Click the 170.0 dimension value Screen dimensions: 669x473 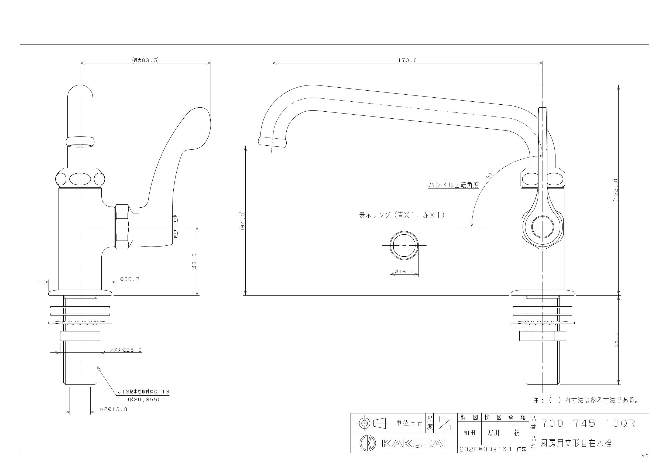[407, 60]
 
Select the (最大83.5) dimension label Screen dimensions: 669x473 [145, 60]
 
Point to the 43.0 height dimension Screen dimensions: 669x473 [194, 261]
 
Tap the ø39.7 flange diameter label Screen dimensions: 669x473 [130, 279]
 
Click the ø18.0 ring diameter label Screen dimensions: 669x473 [404, 271]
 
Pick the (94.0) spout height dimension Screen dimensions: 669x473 [243, 221]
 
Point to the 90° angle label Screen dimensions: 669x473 [490, 174]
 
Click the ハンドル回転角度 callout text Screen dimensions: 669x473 [454, 185]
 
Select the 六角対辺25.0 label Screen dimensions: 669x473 [126, 350]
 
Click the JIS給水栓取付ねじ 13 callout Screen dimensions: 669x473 [143, 392]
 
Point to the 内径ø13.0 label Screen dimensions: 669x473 [114, 409]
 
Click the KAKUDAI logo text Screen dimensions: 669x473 [414, 444]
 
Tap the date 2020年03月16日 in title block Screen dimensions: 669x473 [485, 449]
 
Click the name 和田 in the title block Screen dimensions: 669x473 [469, 433]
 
